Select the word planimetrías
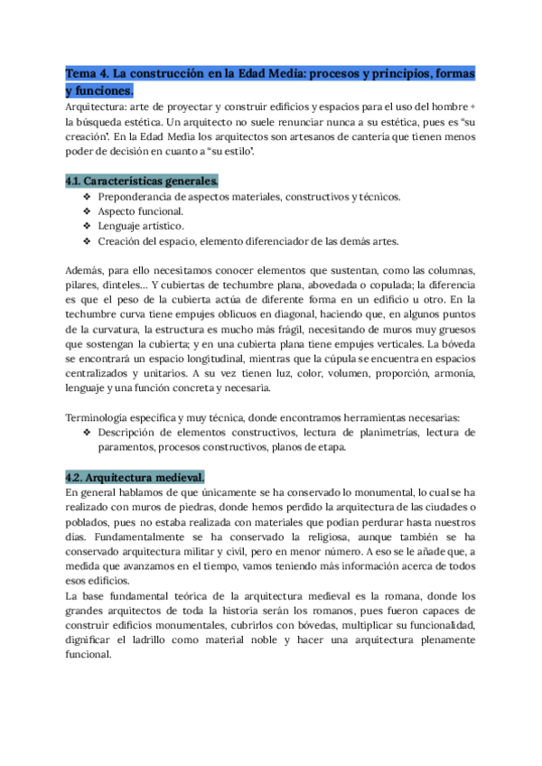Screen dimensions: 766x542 coord(369,433)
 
